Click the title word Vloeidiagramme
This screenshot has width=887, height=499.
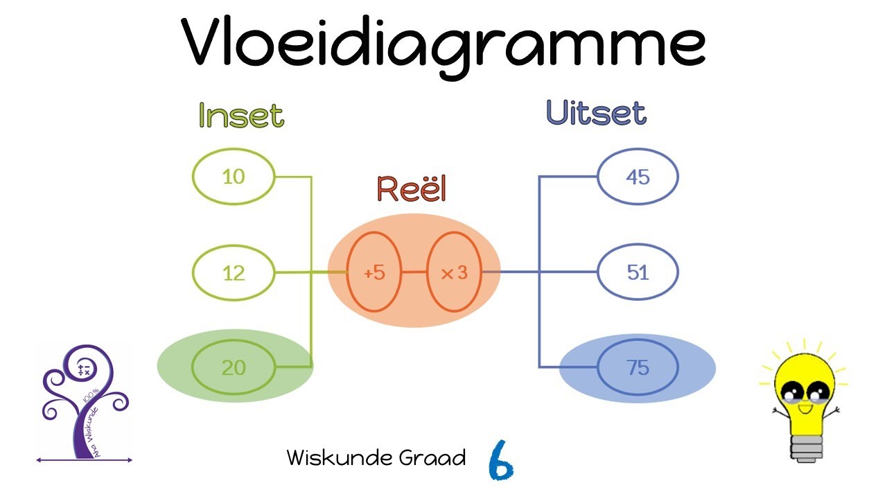coord(443,43)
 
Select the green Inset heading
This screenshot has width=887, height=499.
coord(241,115)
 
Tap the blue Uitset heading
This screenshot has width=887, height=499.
coord(596,113)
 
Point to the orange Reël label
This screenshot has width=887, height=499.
coord(412,189)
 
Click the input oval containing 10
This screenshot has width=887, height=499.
coord(234,177)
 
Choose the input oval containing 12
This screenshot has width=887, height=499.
coord(234,272)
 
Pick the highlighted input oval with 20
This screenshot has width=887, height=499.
coord(234,367)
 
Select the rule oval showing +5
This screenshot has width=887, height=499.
coord(374,272)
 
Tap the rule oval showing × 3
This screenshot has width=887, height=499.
coord(455,272)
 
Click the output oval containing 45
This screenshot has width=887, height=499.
coord(638,177)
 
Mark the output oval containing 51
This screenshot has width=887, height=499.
coord(638,272)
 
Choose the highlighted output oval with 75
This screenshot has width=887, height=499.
coord(638,367)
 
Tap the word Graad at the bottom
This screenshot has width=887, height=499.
coord(436,457)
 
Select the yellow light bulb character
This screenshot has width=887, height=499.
coord(804,395)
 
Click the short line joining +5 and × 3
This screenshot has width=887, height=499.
coord(414,272)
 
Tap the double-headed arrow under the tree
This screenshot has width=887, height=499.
coord(84,459)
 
